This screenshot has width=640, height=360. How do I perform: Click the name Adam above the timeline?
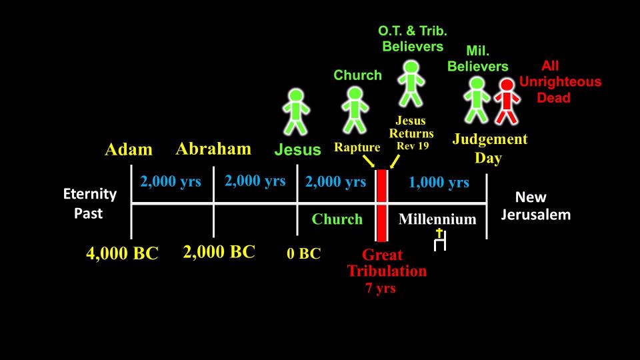[129, 149]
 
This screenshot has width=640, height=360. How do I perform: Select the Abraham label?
[213, 149]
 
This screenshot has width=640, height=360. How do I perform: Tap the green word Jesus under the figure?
[297, 149]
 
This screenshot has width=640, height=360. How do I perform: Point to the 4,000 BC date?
[122, 253]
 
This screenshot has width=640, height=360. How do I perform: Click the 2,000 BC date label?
[219, 252]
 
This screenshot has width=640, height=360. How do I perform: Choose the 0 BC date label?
[304, 253]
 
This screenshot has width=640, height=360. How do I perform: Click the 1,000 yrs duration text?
[439, 182]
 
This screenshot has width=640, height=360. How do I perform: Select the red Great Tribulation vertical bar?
[381, 205]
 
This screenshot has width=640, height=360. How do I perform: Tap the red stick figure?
[507, 101]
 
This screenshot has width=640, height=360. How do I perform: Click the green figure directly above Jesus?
[296, 112]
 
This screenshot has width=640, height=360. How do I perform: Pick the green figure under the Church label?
[355, 110]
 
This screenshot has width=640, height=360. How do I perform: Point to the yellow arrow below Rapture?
[369, 161]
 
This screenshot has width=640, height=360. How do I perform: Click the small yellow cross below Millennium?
[439, 233]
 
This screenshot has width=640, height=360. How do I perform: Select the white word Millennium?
[437, 219]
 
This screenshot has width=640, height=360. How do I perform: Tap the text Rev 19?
[413, 146]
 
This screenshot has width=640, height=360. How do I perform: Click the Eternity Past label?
[90, 203]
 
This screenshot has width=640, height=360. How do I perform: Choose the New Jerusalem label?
[535, 206]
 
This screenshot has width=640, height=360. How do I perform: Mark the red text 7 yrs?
[381, 288]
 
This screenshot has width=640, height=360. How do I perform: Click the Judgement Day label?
[490, 148]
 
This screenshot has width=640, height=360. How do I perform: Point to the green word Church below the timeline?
[337, 219]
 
